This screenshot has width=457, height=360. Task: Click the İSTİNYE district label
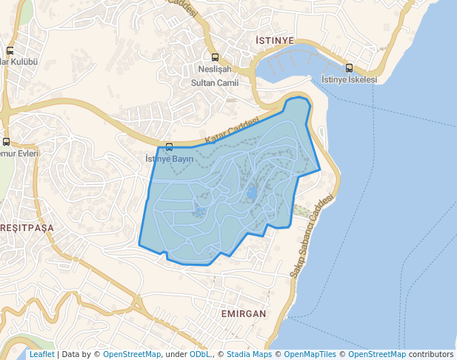(274, 40)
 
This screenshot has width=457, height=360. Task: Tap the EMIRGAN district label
(243, 314)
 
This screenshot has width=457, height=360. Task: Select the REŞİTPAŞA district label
(27, 228)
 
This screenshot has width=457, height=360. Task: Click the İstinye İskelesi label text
(350, 79)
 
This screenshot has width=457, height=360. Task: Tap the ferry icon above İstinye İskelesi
(349, 68)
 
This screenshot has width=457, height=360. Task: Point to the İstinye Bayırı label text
(170, 159)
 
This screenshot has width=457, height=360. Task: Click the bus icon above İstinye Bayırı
(170, 147)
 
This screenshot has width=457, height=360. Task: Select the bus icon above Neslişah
(215, 57)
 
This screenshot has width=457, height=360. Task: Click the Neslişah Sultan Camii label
(214, 76)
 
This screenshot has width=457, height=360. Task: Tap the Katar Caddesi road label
(233, 130)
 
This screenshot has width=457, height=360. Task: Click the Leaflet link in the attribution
(41, 355)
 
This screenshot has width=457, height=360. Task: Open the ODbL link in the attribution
(200, 355)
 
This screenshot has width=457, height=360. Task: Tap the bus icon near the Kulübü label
(10, 50)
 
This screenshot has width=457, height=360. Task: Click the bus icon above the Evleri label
(7, 141)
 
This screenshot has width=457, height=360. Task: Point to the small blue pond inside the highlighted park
(252, 193)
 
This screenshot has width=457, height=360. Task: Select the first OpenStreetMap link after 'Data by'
(132, 355)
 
